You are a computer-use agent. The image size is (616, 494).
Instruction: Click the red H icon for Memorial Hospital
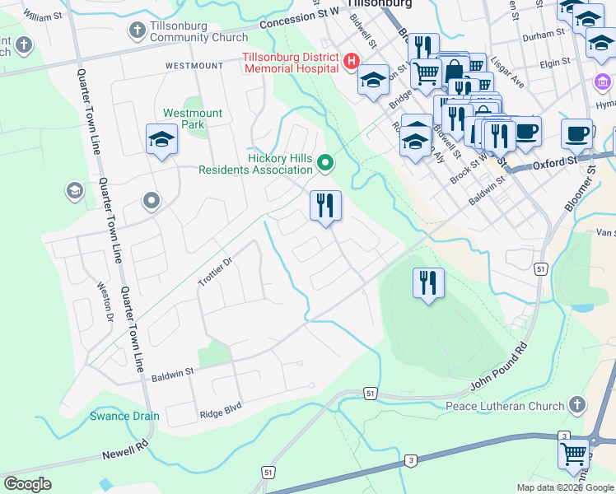pyautogui.click(x=352, y=62)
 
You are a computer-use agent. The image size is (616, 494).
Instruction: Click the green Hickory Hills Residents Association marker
pyautogui.click(x=325, y=164)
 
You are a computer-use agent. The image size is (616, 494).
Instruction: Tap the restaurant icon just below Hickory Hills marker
pyautogui.click(x=325, y=205)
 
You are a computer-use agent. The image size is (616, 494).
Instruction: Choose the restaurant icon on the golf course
pyautogui.click(x=428, y=283)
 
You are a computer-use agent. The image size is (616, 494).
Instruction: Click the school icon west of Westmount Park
pyautogui.click(x=161, y=140)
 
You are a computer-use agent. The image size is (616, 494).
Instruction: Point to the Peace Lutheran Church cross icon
pyautogui.click(x=577, y=405)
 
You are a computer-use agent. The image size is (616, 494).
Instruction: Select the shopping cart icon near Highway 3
pyautogui.click(x=573, y=454)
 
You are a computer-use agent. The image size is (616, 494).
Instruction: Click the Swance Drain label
pyautogui.click(x=124, y=416)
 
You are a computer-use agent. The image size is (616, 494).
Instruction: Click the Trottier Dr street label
pyautogui.click(x=216, y=271)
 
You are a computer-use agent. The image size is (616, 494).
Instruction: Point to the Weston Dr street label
pyautogui.click(x=105, y=301)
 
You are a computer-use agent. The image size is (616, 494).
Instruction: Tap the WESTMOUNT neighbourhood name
pyautogui.click(x=194, y=65)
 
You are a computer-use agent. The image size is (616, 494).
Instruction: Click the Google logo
pyautogui.click(x=27, y=484)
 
